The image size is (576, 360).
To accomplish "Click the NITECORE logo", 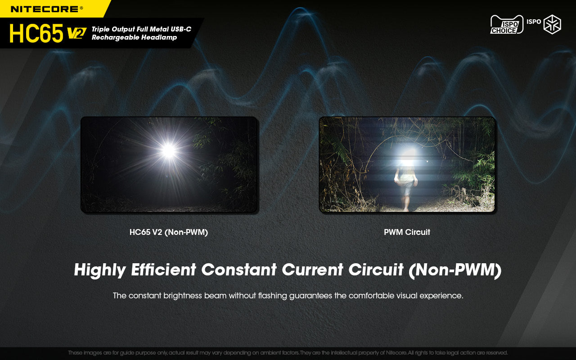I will (x=47, y=9).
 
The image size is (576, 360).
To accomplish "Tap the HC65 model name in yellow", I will (x=36, y=33).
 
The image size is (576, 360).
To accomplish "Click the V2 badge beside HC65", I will (x=76, y=34).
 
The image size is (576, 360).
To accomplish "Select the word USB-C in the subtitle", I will (x=179, y=29).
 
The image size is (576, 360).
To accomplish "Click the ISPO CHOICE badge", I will (x=507, y=25).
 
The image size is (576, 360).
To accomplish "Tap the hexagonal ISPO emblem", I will (x=552, y=24).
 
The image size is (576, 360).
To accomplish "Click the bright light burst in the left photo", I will (x=169, y=151).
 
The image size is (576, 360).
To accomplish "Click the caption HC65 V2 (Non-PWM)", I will (x=169, y=232).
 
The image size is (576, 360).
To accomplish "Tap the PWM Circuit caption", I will (x=407, y=232).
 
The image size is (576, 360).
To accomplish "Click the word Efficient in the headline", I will (x=163, y=270).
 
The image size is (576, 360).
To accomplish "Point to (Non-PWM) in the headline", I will (x=454, y=270).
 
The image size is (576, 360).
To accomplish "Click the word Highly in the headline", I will (x=100, y=270).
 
